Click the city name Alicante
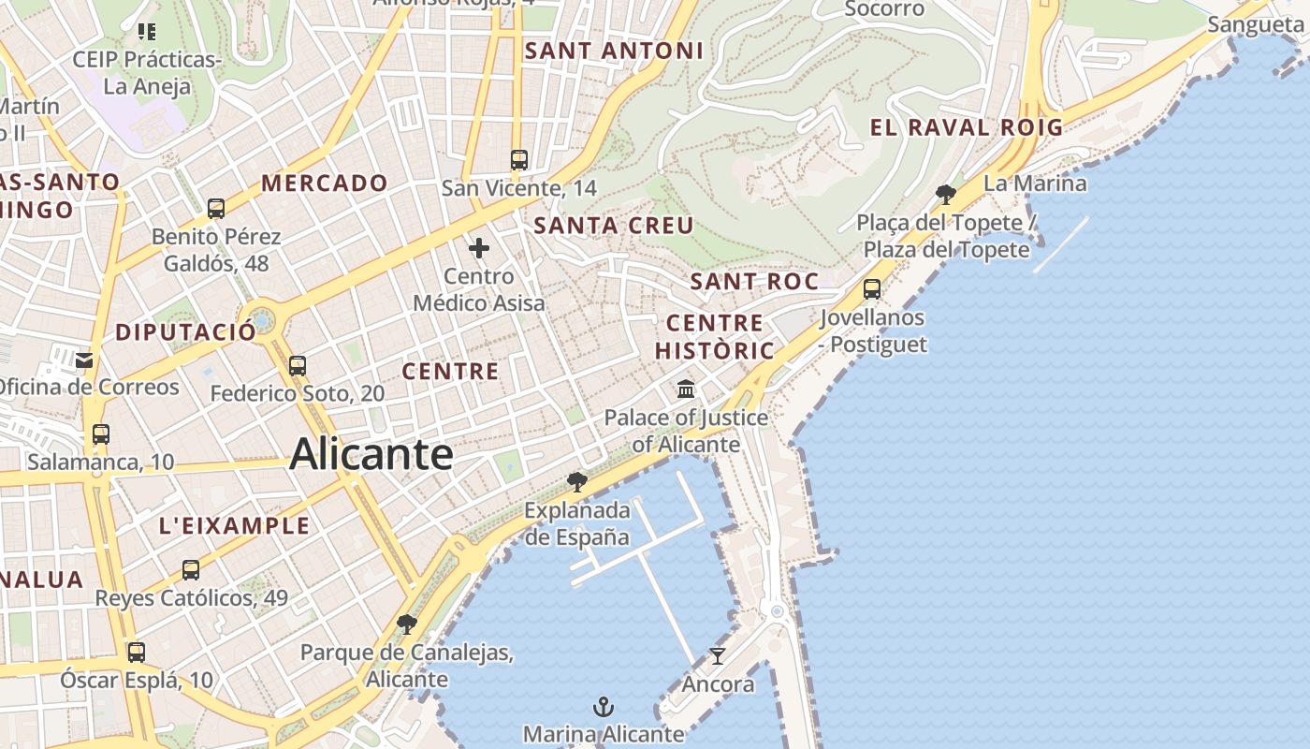click(x=371, y=455)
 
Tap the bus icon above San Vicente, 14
click(x=519, y=159)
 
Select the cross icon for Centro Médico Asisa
click(x=479, y=248)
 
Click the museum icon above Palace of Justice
click(x=686, y=389)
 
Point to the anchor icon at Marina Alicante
click(x=604, y=706)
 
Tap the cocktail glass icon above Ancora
click(x=718, y=655)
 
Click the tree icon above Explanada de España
click(x=577, y=482)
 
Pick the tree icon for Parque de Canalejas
click(x=406, y=624)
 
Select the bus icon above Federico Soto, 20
click(x=298, y=365)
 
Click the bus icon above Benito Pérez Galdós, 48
click(x=216, y=208)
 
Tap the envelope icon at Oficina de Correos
click(x=85, y=360)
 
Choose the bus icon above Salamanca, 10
click(x=100, y=434)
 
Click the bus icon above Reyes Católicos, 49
click(x=191, y=569)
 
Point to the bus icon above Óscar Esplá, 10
click(x=137, y=652)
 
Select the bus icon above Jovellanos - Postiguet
click(x=872, y=288)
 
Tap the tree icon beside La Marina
click(x=946, y=194)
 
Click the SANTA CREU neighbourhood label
click(x=614, y=226)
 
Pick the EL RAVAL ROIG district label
click(x=967, y=128)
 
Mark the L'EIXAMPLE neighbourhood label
click(x=234, y=526)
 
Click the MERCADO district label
click(x=325, y=184)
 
